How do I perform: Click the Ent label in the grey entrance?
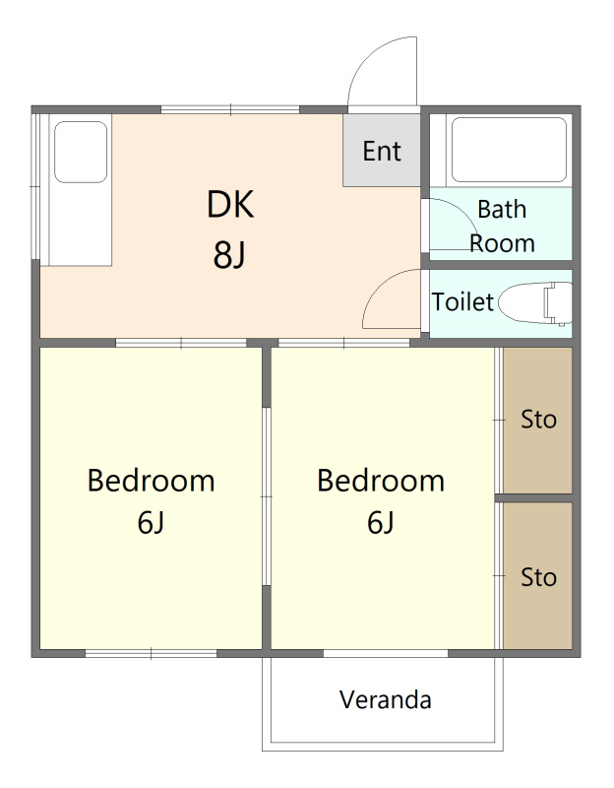coord(382,151)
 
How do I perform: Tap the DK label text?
coord(230,204)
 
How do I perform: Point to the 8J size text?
coord(229,255)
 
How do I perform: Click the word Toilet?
coord(462,302)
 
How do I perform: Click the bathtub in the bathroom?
coord(509,150)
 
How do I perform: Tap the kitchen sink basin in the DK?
coord(81,152)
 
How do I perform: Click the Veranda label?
coord(385,699)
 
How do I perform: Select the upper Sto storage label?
coord(538,420)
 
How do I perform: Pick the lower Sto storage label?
coord(538,577)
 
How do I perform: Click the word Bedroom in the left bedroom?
coord(152,481)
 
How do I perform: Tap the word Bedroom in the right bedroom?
coord(381,481)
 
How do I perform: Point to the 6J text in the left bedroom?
coord(151,523)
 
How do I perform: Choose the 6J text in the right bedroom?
coord(380,523)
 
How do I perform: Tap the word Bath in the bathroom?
coord(502,209)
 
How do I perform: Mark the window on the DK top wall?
coord(230,109)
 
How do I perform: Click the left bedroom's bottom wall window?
coord(152,653)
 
